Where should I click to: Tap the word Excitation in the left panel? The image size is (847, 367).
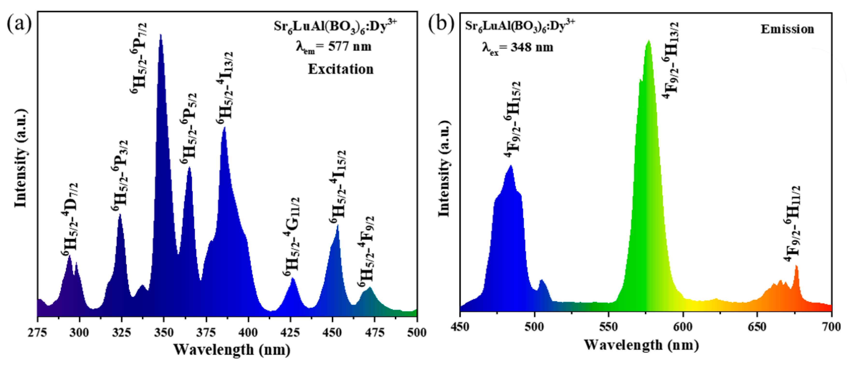341,69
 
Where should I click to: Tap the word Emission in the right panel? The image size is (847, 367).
787,29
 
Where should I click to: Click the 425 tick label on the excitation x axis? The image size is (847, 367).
290,332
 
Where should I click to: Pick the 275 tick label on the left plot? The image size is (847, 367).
37,332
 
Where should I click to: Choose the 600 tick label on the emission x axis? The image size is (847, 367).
683,327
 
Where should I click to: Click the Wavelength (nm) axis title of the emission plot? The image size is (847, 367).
641,345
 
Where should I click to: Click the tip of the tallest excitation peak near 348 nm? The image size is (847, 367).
160,34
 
